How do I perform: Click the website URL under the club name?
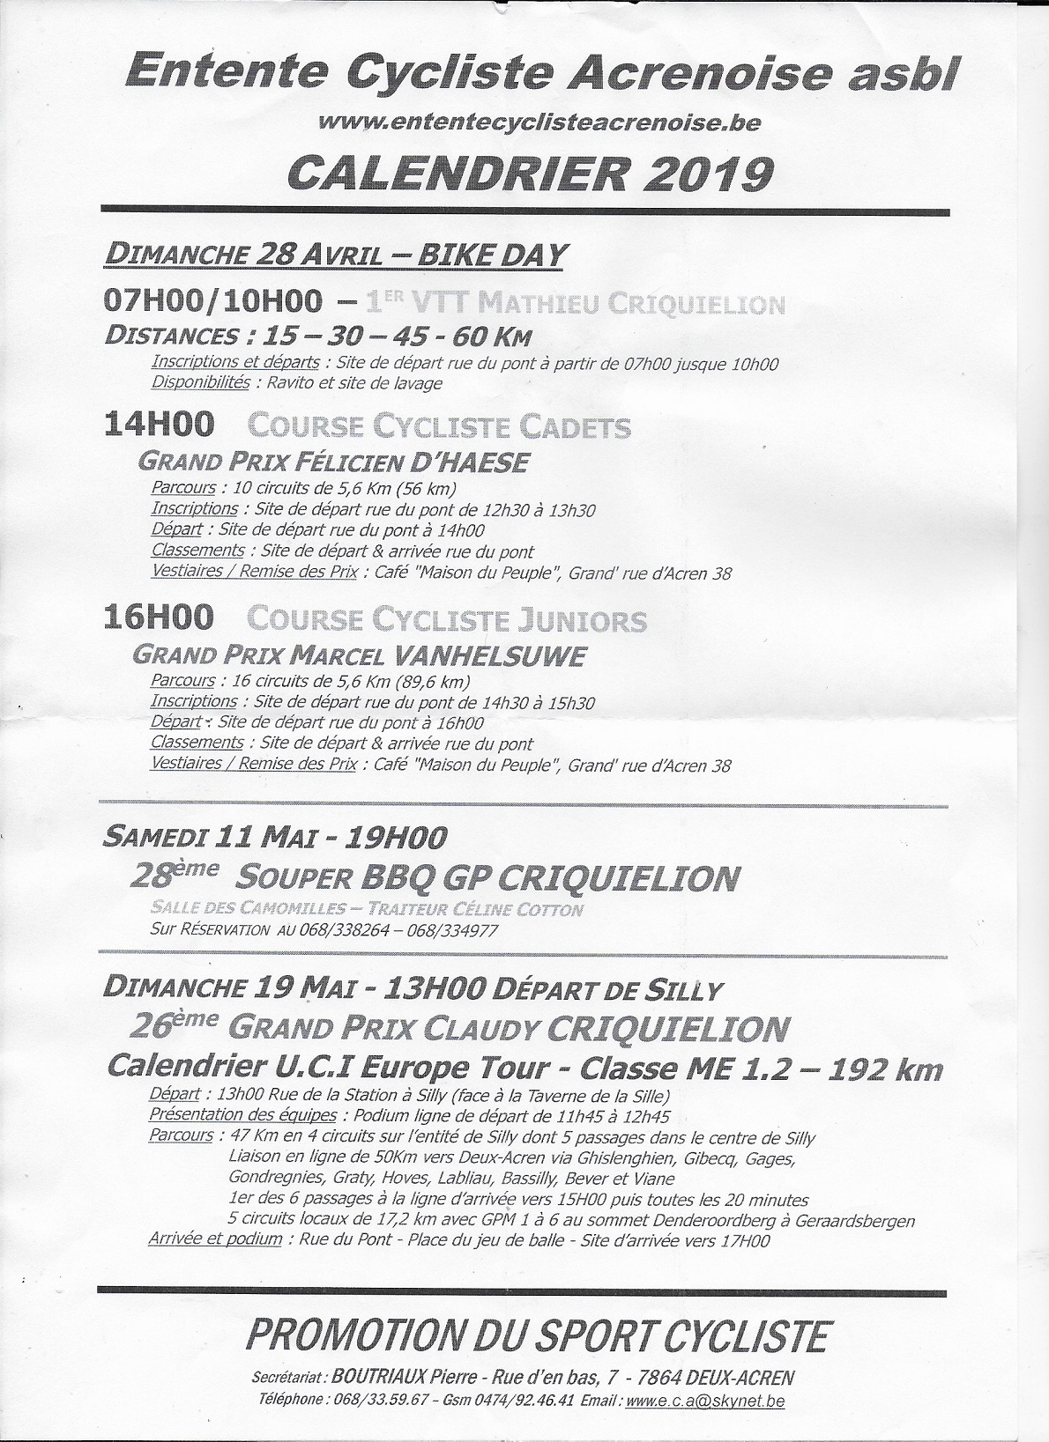(x=540, y=123)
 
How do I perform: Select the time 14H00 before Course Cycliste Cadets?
(x=159, y=425)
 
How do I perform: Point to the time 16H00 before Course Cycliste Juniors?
(x=159, y=617)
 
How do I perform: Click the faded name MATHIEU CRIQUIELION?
(x=630, y=305)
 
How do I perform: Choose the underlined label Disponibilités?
(x=201, y=382)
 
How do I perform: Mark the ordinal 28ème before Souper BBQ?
(x=175, y=876)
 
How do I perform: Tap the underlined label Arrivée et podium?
(x=215, y=1239)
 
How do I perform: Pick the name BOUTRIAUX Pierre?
(x=403, y=1378)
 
